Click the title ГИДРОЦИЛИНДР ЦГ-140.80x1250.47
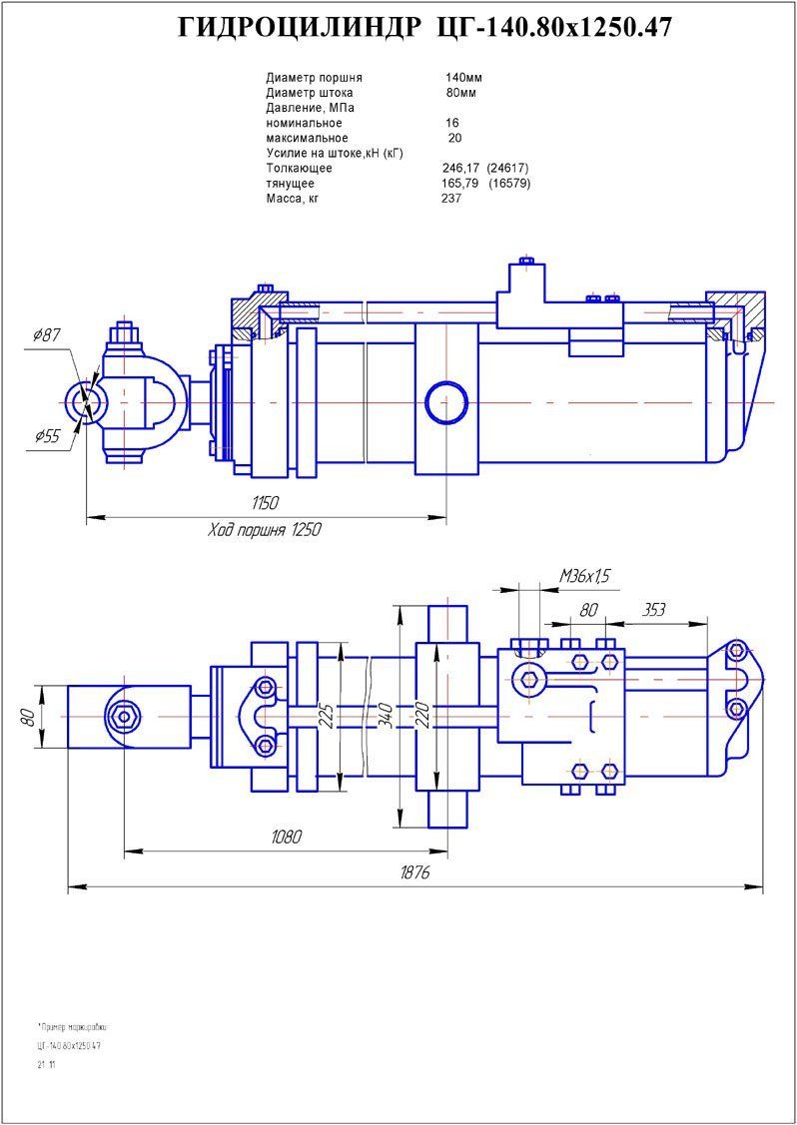[424, 29]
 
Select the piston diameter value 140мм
[460, 77]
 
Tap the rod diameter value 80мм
[460, 93]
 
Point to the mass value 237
[451, 199]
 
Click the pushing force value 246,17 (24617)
[484, 168]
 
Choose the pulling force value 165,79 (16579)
[485, 184]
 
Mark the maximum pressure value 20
[454, 138]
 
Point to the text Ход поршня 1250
[264, 529]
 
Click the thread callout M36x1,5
[584, 575]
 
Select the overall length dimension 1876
[413, 872]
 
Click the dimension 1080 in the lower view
[286, 838]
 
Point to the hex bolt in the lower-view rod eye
[124, 715]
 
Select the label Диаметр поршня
[314, 77]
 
